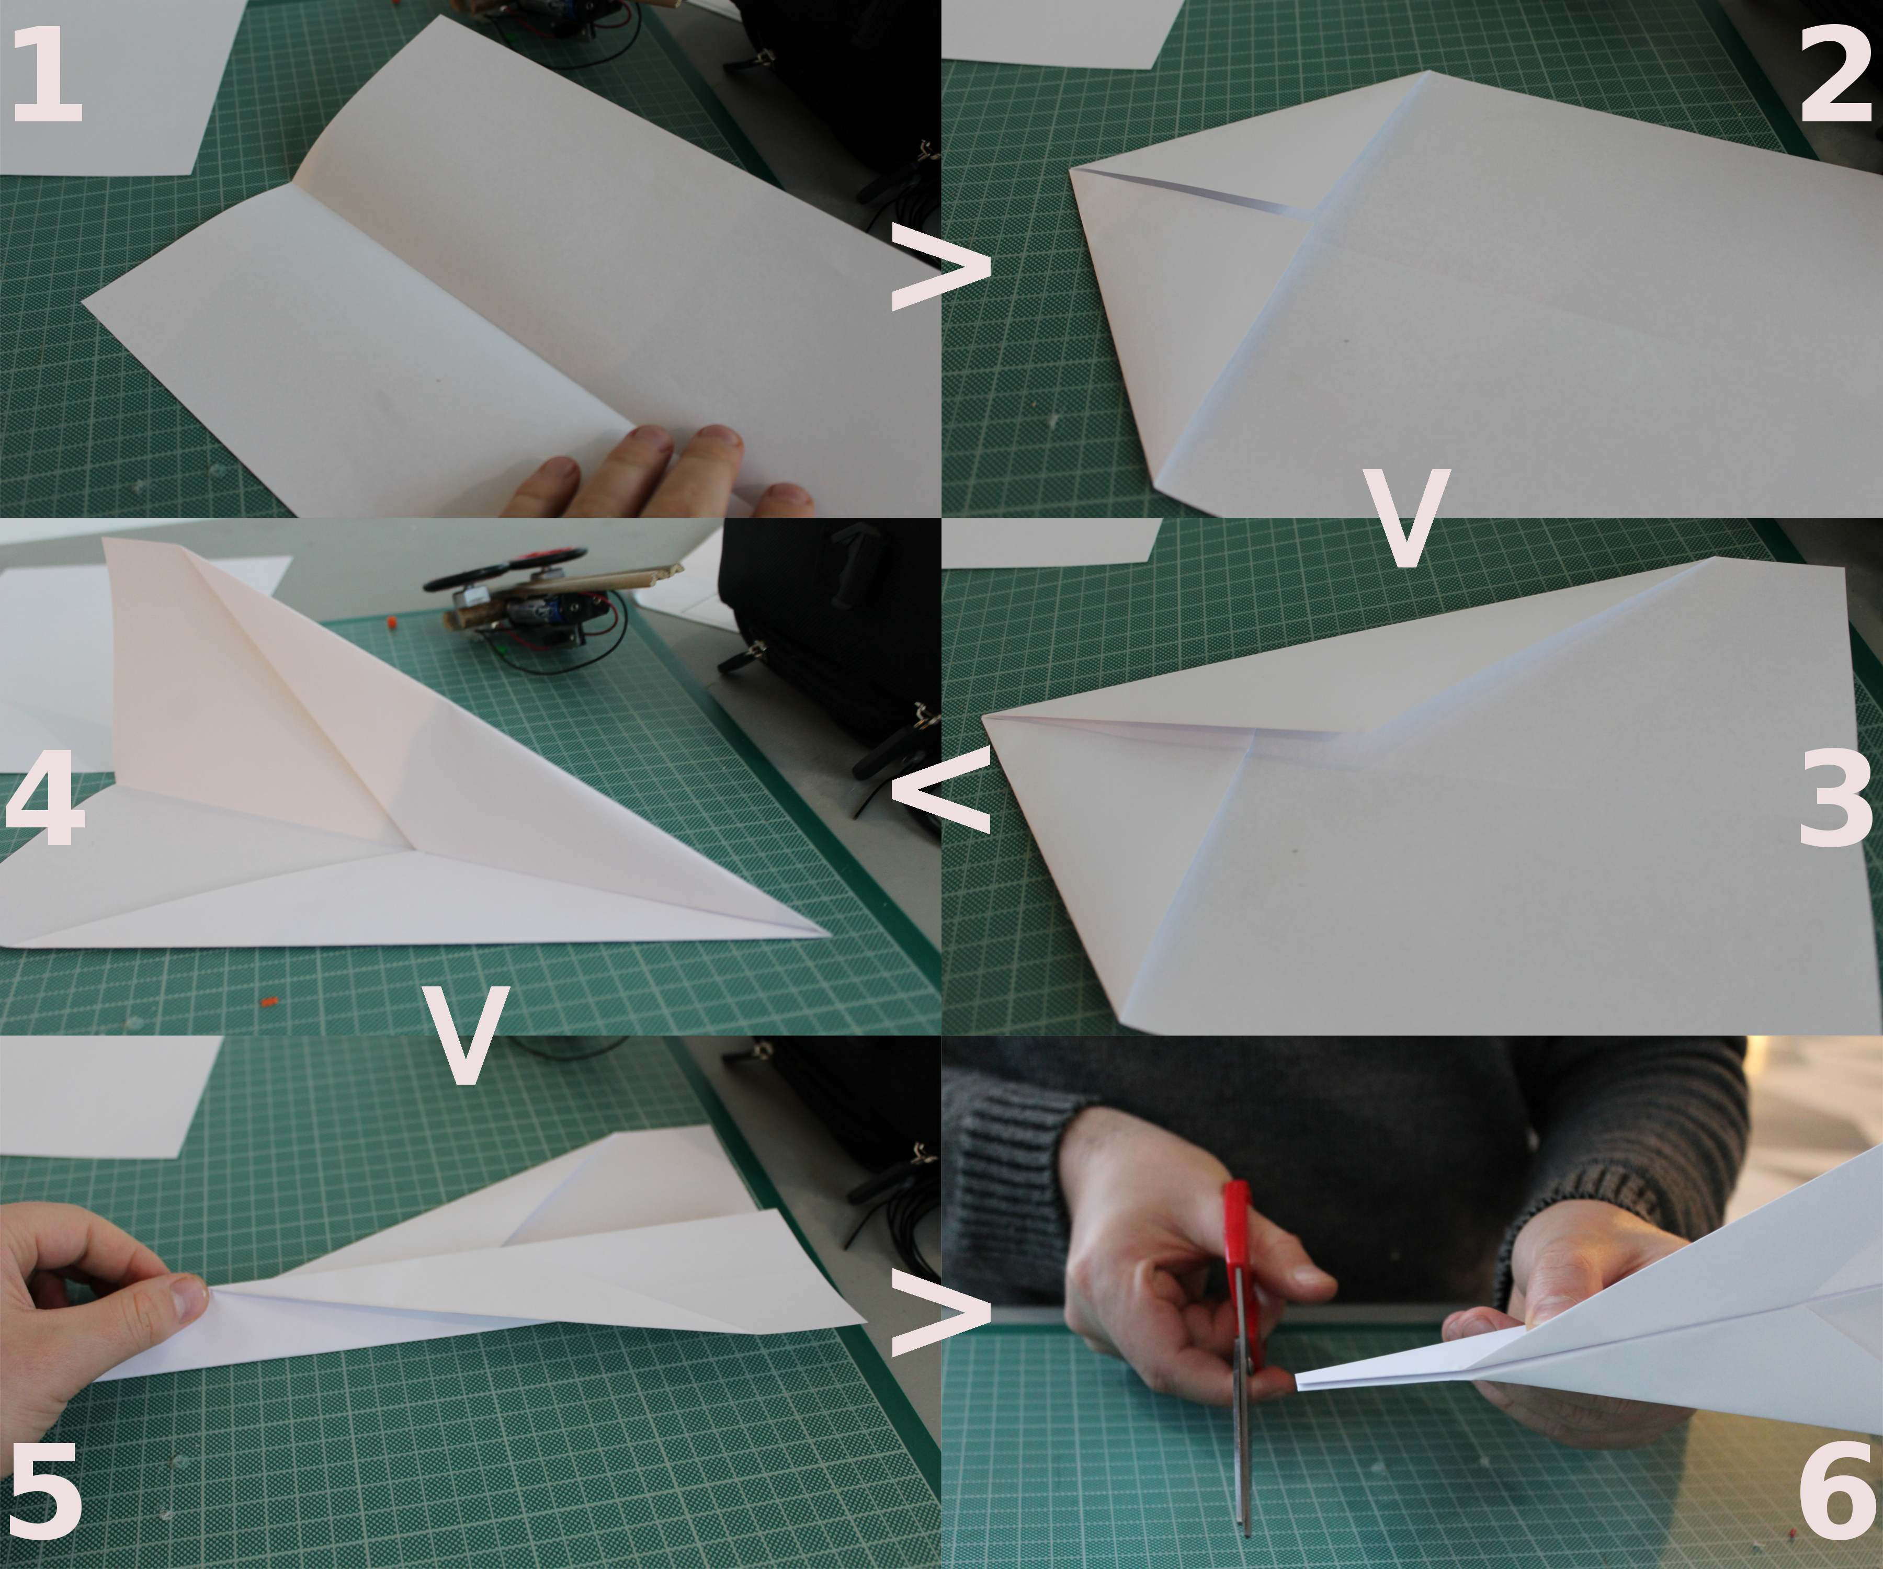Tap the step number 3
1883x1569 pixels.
(x=1835, y=795)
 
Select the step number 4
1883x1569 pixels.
(x=45, y=795)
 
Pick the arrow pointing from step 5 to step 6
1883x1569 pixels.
(x=942, y=1313)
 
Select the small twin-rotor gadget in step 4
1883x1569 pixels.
(x=529, y=596)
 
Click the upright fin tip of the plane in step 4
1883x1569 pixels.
(x=108, y=541)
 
